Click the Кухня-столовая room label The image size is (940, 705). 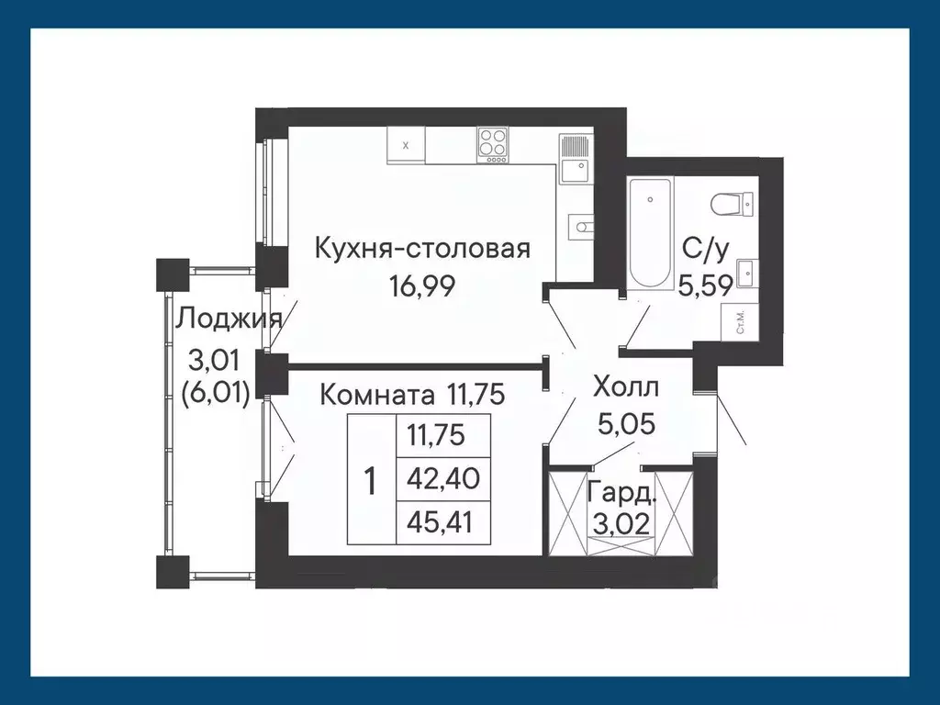(x=422, y=249)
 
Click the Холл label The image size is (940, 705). (x=627, y=385)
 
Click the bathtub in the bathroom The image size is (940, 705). (x=651, y=235)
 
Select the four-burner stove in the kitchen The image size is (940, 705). (x=493, y=145)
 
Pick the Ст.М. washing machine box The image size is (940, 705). (x=740, y=324)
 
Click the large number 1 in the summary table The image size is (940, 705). (x=370, y=480)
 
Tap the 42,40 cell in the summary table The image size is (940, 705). (x=442, y=479)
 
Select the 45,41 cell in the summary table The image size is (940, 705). (x=442, y=522)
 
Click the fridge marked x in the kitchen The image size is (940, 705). (x=406, y=145)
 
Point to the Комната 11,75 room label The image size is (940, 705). (x=413, y=396)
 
